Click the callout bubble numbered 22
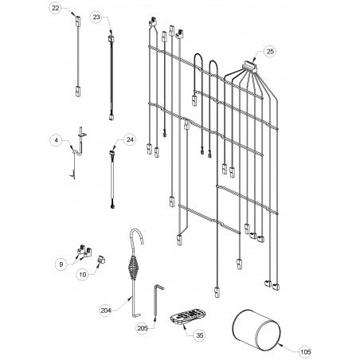click(x=55, y=8)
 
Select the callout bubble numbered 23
click(x=96, y=18)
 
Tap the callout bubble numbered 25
click(x=270, y=51)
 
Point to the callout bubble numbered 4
click(x=56, y=140)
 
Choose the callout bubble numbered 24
click(x=130, y=139)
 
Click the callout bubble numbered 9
click(x=61, y=264)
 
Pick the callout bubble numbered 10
click(x=83, y=275)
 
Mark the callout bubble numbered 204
click(x=106, y=311)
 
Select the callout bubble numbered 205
click(x=143, y=328)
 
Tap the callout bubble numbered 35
click(x=199, y=335)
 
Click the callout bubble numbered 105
click(x=305, y=352)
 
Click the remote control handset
click(x=188, y=316)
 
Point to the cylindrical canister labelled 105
click(x=256, y=330)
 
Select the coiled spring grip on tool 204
click(x=133, y=267)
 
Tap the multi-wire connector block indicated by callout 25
click(x=250, y=66)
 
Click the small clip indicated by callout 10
click(x=101, y=260)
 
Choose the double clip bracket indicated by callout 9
click(x=84, y=251)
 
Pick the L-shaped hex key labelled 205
click(x=158, y=300)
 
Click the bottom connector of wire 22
click(x=78, y=92)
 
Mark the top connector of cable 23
click(x=111, y=39)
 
